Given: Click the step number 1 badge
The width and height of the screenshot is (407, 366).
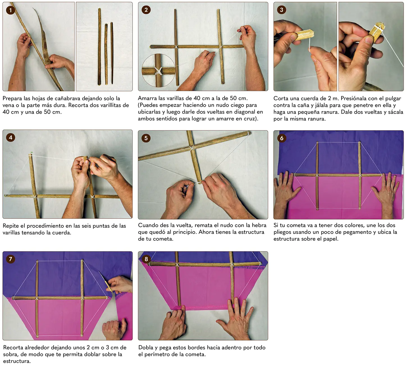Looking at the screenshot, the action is coord(10,10).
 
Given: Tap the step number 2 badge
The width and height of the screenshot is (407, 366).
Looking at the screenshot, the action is coord(146,10).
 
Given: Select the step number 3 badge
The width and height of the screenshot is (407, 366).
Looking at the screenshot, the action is coord(282,10).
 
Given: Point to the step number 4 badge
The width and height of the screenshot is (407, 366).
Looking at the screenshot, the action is coord(11,138).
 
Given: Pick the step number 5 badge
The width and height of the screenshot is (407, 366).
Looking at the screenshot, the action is coord(146,138).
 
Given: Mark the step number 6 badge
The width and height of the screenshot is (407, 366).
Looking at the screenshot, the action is coord(282,138).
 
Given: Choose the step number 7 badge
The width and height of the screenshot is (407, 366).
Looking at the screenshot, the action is coord(11,259).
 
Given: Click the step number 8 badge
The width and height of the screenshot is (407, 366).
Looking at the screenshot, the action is coord(146,259).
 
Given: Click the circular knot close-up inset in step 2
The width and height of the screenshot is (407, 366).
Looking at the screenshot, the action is coord(159,70).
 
